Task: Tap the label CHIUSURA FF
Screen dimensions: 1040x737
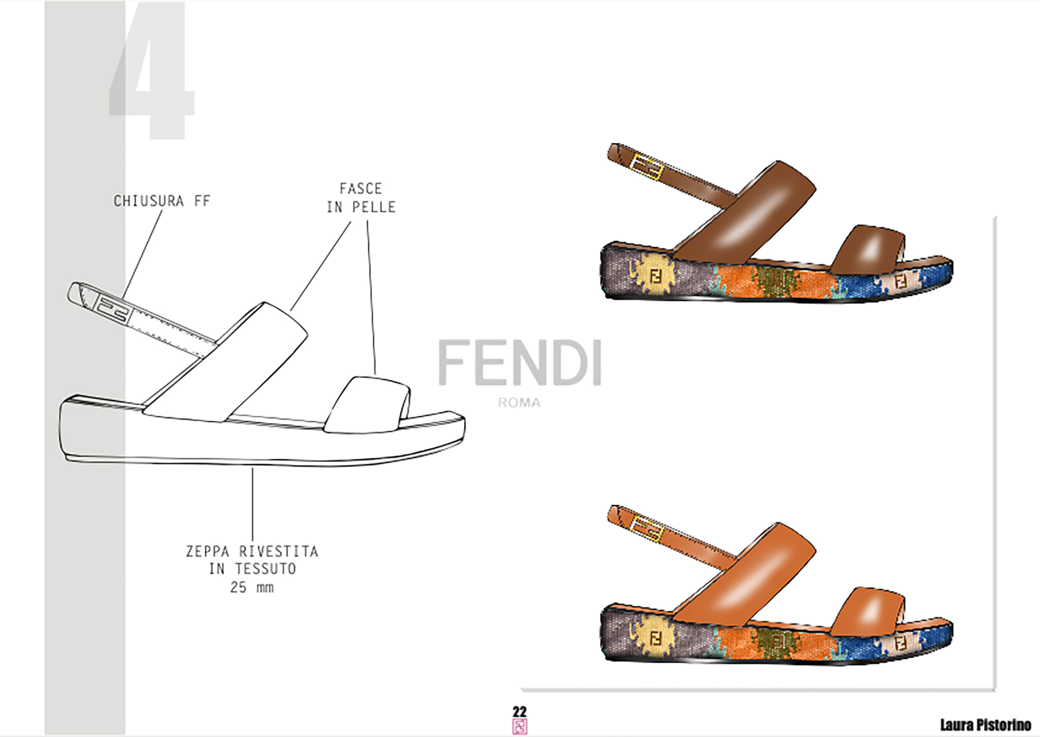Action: tap(162, 201)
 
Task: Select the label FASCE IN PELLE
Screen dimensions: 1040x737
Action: tap(361, 198)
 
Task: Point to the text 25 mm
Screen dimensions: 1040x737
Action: tap(252, 587)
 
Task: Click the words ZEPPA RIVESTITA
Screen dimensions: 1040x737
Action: tap(252, 551)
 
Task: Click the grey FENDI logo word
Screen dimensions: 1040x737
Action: tap(520, 363)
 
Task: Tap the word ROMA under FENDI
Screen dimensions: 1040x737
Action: tap(520, 403)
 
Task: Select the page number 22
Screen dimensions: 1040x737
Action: tap(520, 711)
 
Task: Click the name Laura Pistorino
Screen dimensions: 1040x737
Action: tap(985, 725)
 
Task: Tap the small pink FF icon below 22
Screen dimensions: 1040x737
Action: tap(520, 726)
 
